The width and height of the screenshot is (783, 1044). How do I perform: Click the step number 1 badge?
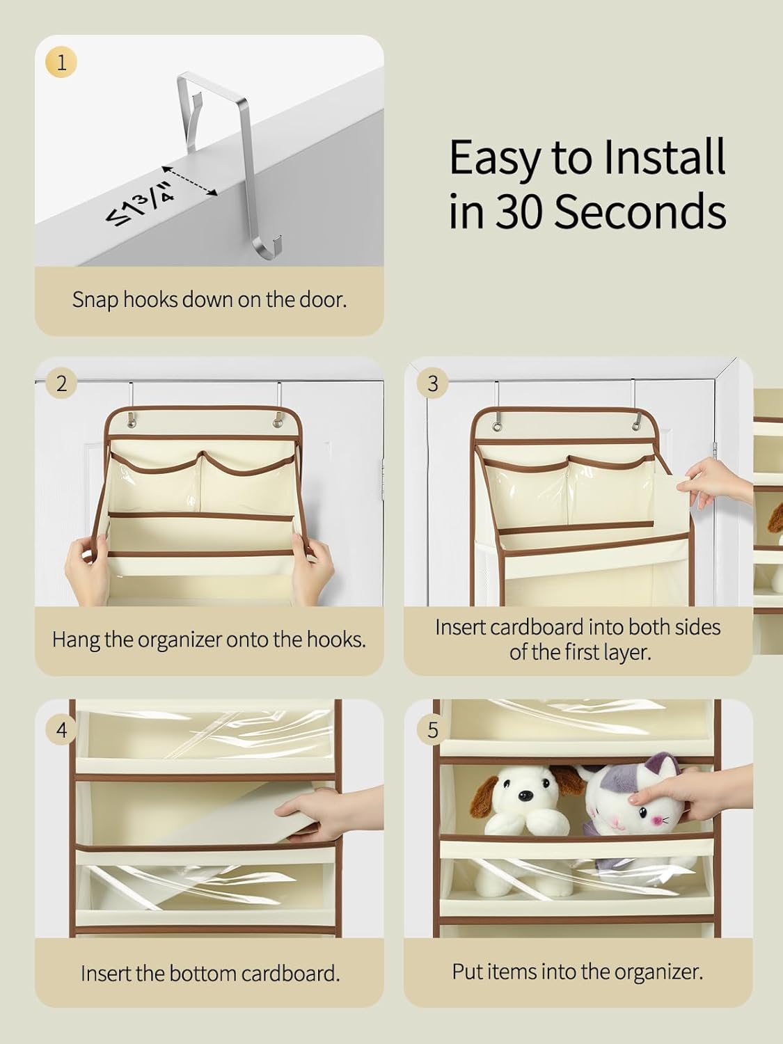(61, 63)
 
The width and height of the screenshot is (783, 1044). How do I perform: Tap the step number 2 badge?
(61, 383)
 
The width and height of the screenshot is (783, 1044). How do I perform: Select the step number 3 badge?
(432, 383)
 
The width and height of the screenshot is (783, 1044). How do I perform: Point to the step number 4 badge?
(61, 730)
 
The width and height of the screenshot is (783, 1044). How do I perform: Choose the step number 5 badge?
(432, 730)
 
